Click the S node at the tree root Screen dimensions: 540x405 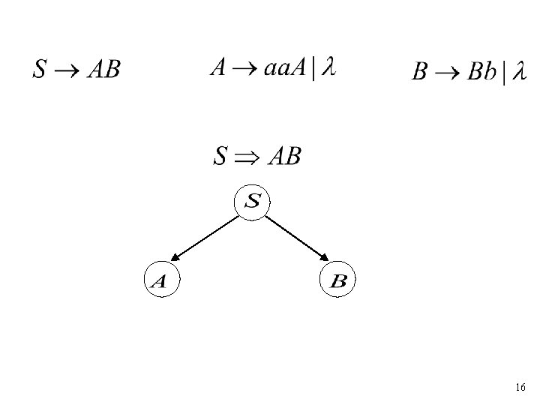click(253, 202)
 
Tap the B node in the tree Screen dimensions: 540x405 click(337, 280)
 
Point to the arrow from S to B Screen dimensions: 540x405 click(295, 240)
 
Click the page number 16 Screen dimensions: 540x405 click(520, 388)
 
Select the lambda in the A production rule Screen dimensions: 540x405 click(327, 69)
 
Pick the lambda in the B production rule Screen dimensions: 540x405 click(518, 73)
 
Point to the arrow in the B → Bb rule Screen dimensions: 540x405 click(448, 73)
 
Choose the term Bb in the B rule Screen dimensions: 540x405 click(484, 73)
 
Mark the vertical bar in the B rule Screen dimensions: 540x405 click(505, 73)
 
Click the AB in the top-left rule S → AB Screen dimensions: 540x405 click(103, 70)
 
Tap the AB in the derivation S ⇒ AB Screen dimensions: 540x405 click(284, 157)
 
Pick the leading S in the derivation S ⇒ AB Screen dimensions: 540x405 click(220, 157)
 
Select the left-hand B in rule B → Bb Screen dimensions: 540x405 click(421, 73)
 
